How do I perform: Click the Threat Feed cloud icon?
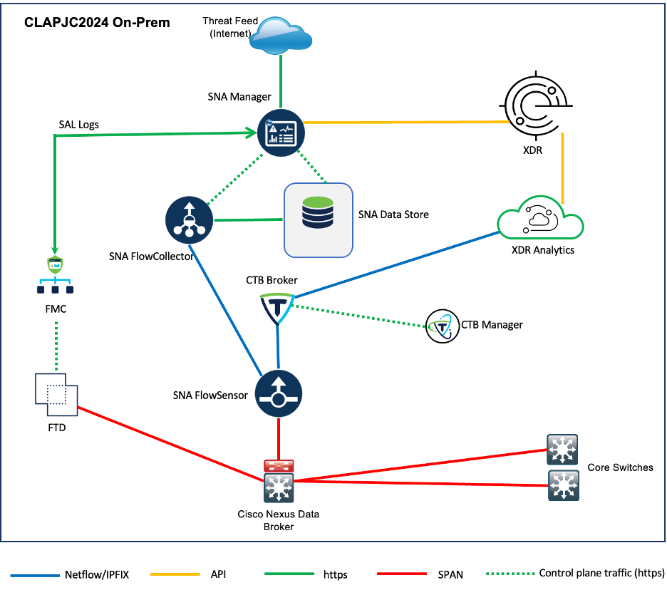click(282, 33)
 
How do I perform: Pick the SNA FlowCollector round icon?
click(189, 219)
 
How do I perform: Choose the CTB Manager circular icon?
click(441, 326)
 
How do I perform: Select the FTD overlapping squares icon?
click(56, 394)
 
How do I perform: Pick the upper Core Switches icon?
click(563, 450)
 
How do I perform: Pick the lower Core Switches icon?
click(563, 486)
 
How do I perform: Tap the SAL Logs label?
click(78, 125)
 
